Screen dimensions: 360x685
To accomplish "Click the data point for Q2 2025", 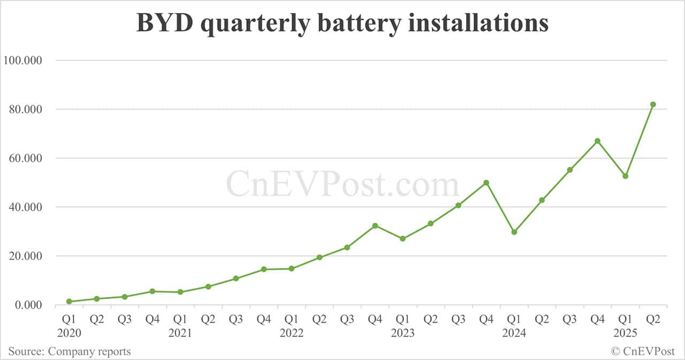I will pos(653,104).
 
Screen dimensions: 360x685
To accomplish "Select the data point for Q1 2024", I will pos(514,232).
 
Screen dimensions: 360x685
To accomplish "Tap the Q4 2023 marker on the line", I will pos(486,182).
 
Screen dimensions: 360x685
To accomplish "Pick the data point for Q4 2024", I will pos(597,141).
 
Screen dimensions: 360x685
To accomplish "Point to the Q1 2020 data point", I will pos(69,302).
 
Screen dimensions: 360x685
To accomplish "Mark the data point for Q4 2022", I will pos(375,226).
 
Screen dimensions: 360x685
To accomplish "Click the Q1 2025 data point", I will pos(625,176).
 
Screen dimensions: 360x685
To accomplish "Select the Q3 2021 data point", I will pos(236,279).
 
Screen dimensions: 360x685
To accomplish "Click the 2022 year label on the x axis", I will pos(292,333).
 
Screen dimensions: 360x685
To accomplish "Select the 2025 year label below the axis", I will pos(625,333).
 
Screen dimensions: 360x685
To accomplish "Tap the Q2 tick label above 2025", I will pos(653,319).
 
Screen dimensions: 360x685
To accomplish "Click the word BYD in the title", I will pos(163,23).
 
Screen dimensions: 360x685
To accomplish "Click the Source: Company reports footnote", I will pos(70,351).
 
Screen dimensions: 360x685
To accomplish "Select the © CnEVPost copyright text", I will pos(643,351).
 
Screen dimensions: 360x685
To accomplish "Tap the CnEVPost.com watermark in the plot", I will pos(342,185).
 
